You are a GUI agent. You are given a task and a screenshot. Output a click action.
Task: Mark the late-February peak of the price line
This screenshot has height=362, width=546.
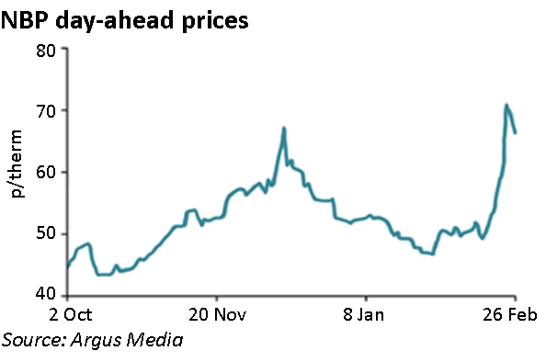(x=506, y=105)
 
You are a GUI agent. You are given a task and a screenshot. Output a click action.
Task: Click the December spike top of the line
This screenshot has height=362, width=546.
(x=285, y=128)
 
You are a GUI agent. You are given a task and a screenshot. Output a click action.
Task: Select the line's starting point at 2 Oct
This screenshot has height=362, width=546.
(x=67, y=269)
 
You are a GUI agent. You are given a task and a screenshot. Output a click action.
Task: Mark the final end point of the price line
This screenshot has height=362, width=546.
(x=516, y=133)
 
